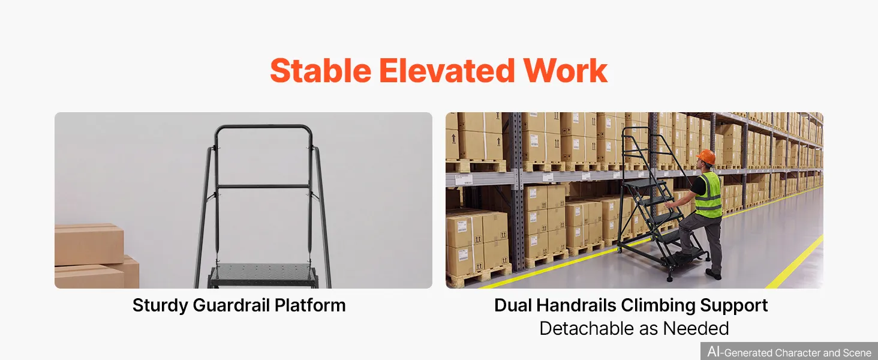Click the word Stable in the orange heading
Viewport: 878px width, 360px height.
pyautogui.click(x=321, y=71)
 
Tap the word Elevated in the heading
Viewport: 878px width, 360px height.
pyautogui.click(x=447, y=71)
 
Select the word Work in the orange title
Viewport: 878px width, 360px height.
pyautogui.click(x=565, y=71)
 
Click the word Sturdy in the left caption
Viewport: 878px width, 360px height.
pyautogui.click(x=160, y=306)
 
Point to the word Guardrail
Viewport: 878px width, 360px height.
pyautogui.click(x=231, y=305)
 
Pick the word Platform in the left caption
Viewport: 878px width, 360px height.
pyautogui.click(x=310, y=305)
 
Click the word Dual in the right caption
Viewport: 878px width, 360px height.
pyautogui.click(x=513, y=305)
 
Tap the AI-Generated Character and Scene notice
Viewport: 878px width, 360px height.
pyautogui.click(x=789, y=352)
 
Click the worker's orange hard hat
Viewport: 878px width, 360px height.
pyautogui.click(x=706, y=157)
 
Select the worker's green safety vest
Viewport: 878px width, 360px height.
pyautogui.click(x=709, y=195)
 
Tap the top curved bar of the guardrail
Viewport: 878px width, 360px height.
pyautogui.click(x=263, y=128)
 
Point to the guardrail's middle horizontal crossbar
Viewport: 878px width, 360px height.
pyautogui.click(x=263, y=186)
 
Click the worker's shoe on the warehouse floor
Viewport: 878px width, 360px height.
pyautogui.click(x=714, y=274)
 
